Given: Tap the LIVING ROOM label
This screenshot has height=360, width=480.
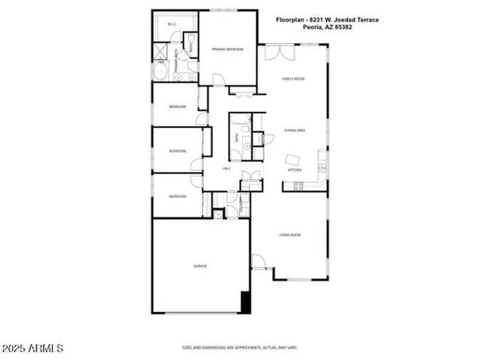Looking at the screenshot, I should (290, 234).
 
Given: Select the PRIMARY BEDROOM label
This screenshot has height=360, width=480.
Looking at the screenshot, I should (227, 50).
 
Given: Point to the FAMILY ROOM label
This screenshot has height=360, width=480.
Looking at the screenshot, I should (293, 79).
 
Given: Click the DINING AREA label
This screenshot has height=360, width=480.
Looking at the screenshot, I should (294, 130).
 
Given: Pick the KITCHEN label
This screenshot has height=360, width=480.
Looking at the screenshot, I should (294, 170).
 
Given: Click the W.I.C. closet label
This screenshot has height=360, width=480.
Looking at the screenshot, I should (171, 25).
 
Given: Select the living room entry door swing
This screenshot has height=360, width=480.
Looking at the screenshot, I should (258, 262).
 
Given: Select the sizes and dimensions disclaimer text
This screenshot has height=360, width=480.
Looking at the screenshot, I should (240, 348).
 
